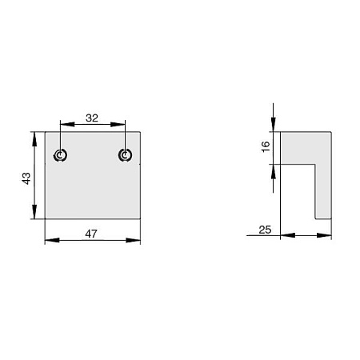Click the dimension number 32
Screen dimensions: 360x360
coord(92,118)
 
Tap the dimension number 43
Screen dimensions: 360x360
coord(26,178)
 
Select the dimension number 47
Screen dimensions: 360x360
coord(91,234)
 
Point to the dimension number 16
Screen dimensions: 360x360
coord(266,146)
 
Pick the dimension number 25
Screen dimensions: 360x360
coord(265,230)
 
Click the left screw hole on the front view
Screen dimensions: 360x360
coord(60,155)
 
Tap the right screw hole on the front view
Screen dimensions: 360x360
coord(125,155)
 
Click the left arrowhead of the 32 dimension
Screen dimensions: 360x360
coord(67,124)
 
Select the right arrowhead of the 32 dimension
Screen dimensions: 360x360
coord(118,124)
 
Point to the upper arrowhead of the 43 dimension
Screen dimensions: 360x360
coord(34,139)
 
